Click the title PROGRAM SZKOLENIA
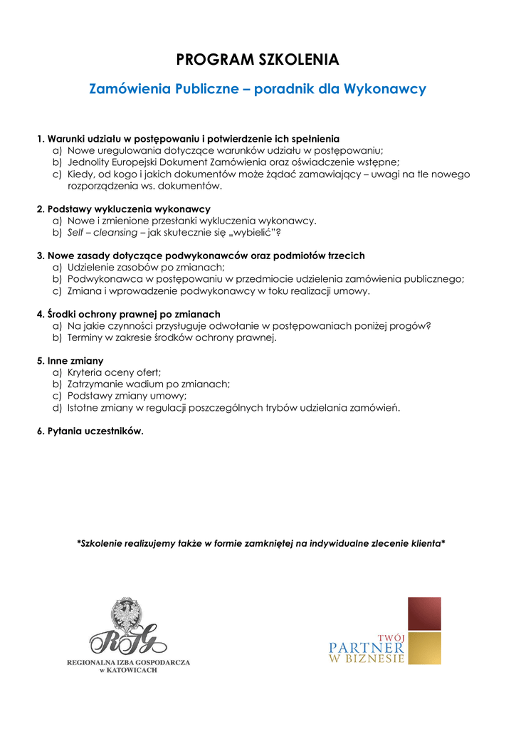tap(258, 59)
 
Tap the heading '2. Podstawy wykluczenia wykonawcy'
tap(123, 209)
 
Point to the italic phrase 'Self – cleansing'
tap(102, 232)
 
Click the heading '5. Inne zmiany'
tap(70, 361)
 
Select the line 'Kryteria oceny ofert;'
tap(114, 372)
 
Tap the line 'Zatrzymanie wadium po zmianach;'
tap(148, 384)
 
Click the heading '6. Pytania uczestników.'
tap(90, 431)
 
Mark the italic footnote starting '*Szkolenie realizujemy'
tap(260, 543)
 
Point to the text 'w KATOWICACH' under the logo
tap(128, 671)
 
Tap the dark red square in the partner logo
tap(424, 614)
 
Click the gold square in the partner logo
tap(424, 648)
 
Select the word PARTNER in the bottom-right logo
tap(367, 648)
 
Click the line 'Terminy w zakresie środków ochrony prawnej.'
tap(172, 337)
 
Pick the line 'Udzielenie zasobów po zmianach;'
tap(145, 268)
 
